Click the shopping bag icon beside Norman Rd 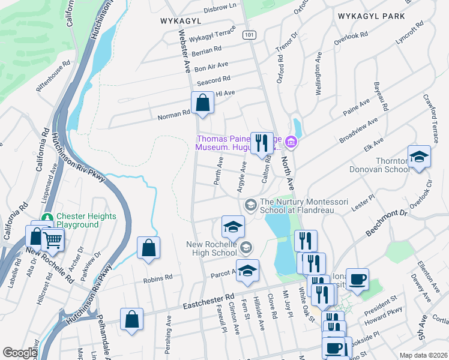click(203, 103)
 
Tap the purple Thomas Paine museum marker click(291, 142)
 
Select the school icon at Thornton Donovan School click(419, 157)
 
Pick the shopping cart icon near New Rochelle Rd click(53, 240)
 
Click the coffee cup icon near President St click(357, 280)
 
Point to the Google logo click(20, 353)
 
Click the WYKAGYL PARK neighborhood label click(371, 16)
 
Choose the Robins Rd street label click(157, 278)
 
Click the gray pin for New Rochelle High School click(245, 247)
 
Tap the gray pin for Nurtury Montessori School click(250, 206)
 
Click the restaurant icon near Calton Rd click(261, 143)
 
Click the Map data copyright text click(424, 355)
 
